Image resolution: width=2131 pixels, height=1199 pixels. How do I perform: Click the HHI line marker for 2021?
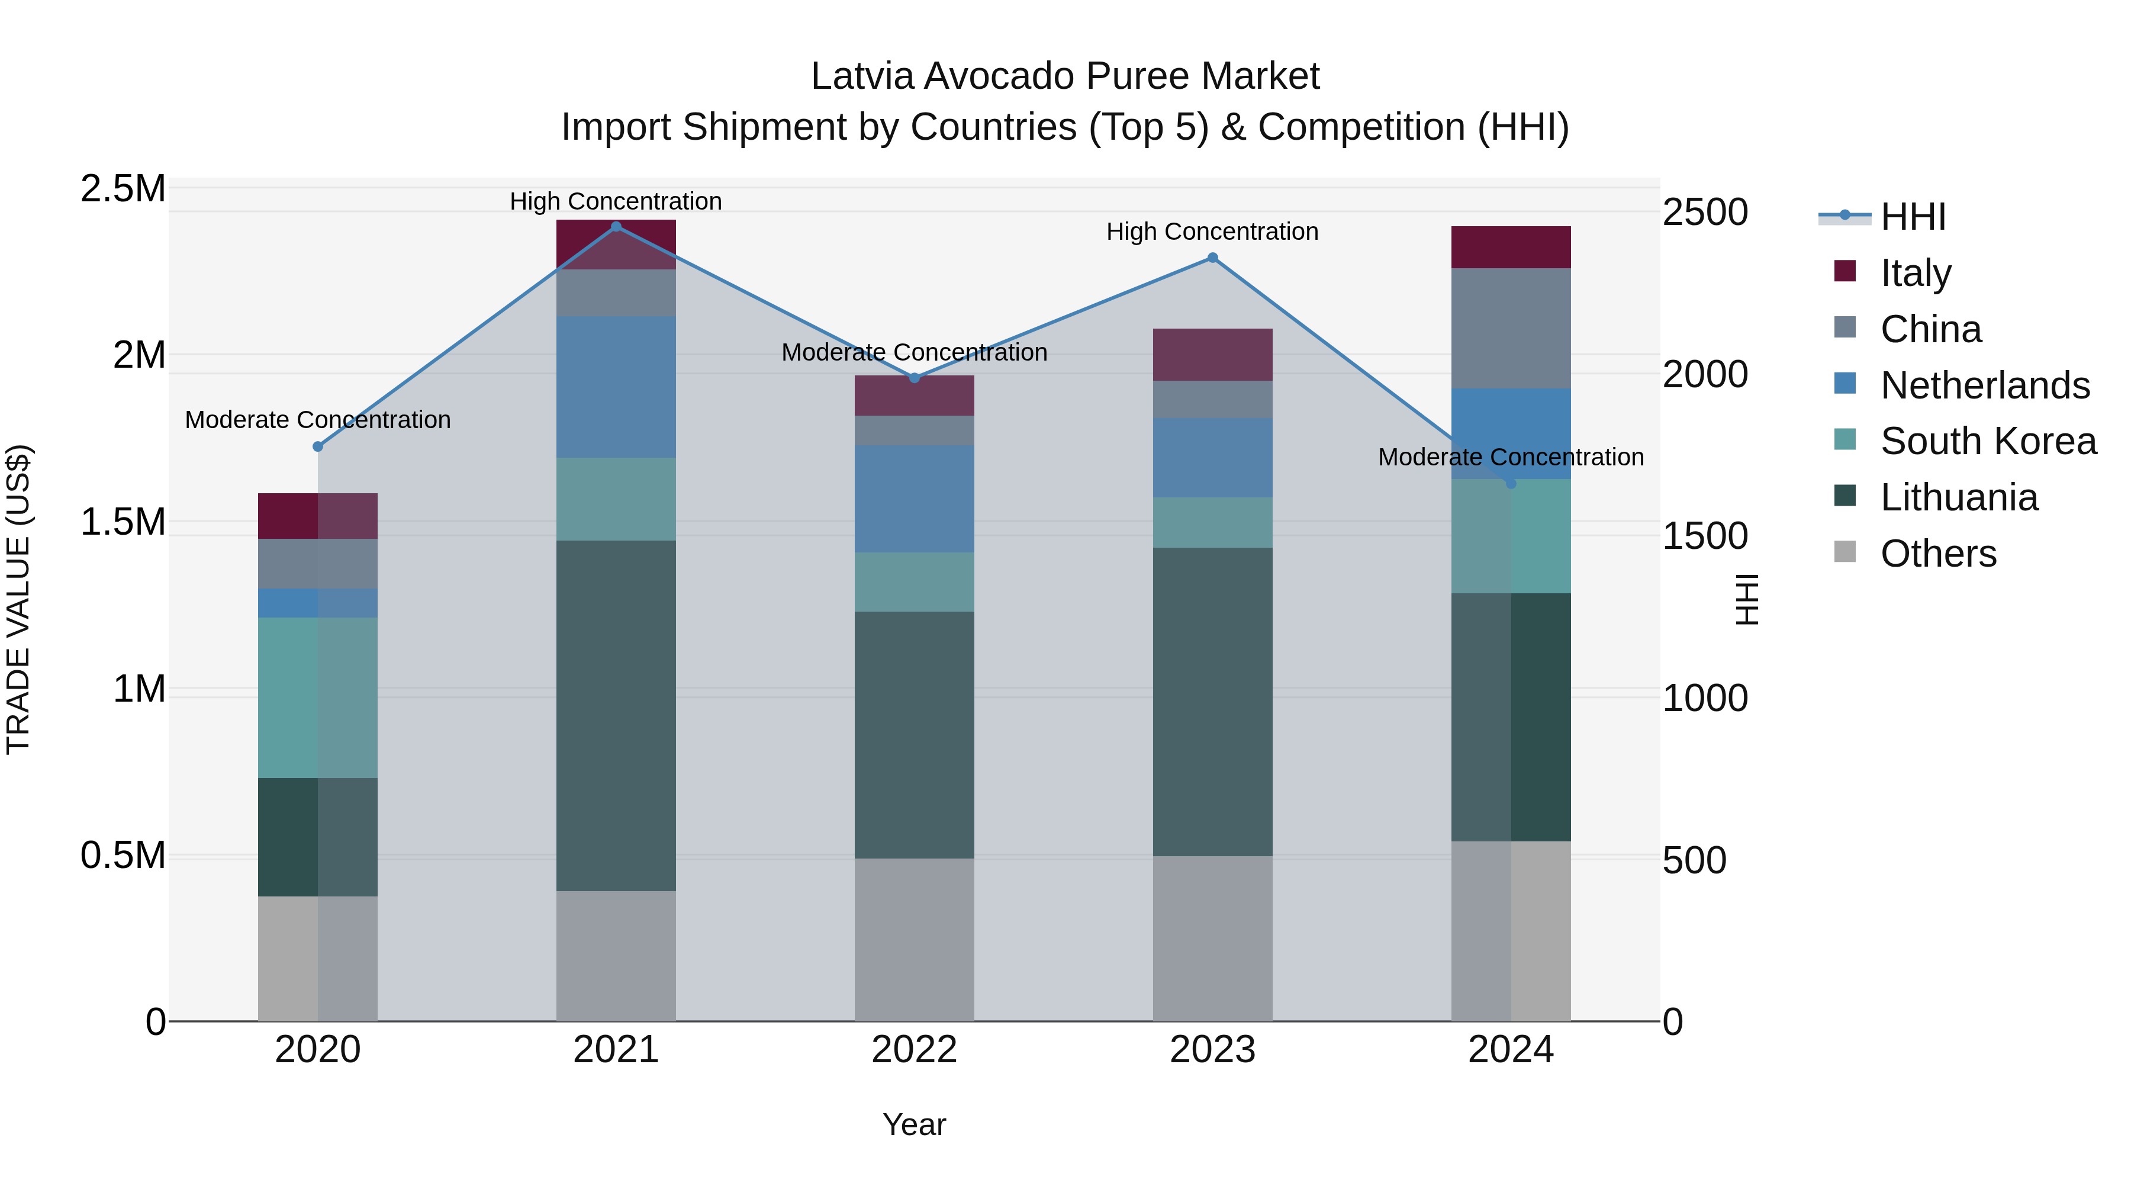click(x=616, y=227)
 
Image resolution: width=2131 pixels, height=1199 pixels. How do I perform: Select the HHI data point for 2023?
click(x=1213, y=258)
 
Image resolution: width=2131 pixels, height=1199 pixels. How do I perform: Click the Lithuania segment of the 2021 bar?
click(x=616, y=716)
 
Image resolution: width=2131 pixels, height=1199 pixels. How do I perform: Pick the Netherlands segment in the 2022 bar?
click(x=914, y=499)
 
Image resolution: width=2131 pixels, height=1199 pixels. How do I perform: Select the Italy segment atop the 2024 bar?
click(x=1511, y=246)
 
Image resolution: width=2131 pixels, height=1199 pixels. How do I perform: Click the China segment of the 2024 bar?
click(x=1511, y=327)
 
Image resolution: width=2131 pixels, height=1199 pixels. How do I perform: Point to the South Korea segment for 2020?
click(x=318, y=697)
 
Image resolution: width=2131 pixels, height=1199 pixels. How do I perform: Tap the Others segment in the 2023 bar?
click(x=1213, y=938)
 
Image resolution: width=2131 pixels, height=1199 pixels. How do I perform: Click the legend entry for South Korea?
click(x=1988, y=441)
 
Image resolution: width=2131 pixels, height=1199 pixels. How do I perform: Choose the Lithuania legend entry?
click(x=1959, y=497)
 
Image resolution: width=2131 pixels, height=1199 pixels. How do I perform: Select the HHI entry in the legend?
click(x=1913, y=217)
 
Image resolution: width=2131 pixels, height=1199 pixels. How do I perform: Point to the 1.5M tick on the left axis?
click(x=123, y=522)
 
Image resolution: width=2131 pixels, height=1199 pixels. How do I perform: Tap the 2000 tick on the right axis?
click(x=1705, y=374)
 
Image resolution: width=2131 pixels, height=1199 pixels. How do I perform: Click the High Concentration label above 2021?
click(x=616, y=201)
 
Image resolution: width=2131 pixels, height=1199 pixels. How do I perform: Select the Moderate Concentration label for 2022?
click(x=914, y=352)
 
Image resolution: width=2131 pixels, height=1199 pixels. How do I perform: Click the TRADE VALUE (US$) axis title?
click(x=18, y=599)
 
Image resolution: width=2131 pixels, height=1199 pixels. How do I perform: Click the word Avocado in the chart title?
click(x=999, y=76)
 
